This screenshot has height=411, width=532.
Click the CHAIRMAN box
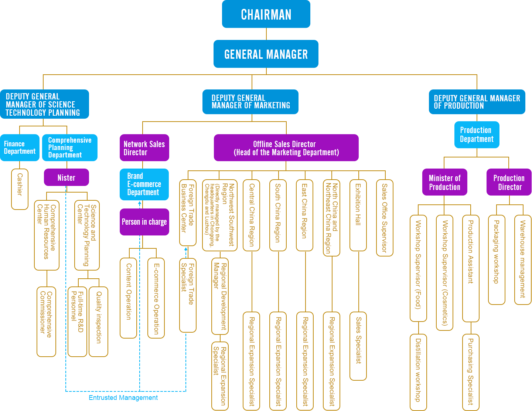[x=266, y=14]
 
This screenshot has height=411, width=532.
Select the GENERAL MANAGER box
[x=266, y=54]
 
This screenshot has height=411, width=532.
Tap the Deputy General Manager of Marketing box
[x=250, y=102]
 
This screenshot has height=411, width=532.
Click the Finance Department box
[x=20, y=147]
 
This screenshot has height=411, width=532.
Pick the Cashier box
[x=20, y=189]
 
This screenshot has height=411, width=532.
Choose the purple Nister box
[x=66, y=177]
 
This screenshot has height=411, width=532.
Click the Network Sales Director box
[x=144, y=147]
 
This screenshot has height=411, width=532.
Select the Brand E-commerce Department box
[x=144, y=184]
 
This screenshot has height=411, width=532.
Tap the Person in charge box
[x=144, y=222]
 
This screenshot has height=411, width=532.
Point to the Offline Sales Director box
[x=286, y=147]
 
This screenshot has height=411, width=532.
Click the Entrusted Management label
[x=123, y=398]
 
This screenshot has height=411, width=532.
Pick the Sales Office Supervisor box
[x=385, y=218]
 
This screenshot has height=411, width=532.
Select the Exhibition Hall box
[x=358, y=215]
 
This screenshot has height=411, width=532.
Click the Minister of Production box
[x=444, y=182]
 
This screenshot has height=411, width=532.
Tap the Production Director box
[x=509, y=182]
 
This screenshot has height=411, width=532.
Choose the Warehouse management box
[x=523, y=259]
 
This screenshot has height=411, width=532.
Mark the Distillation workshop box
[x=418, y=372]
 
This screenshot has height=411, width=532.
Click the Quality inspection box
[x=98, y=321]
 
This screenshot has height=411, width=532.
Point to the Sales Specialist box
[x=358, y=346]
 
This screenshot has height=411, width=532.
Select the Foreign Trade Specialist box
[x=188, y=295]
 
